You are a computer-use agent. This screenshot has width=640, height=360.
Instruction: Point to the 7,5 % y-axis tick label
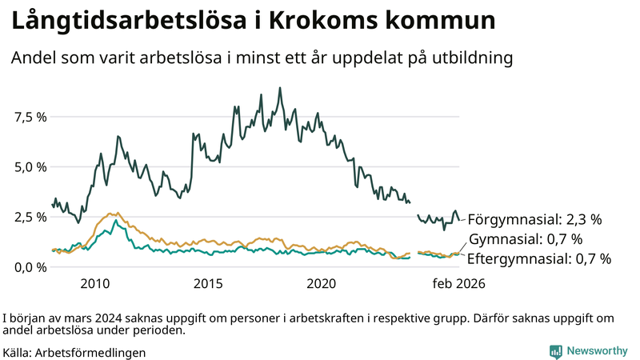pos(30,118)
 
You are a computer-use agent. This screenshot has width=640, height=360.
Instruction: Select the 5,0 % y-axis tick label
pos(30,167)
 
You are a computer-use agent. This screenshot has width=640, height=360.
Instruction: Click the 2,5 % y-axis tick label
pos(30,217)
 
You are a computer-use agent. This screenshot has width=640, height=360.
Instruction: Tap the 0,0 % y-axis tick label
pos(30,266)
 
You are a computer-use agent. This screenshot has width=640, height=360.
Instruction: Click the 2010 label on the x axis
pos(94,283)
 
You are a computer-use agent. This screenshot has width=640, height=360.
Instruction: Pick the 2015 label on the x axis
pos(208,283)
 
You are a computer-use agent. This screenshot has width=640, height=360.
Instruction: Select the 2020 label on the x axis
pos(322,283)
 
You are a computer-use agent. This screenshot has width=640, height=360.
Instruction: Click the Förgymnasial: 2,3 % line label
pos(534,218)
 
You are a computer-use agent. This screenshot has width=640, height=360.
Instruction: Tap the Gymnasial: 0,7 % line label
pos(525,238)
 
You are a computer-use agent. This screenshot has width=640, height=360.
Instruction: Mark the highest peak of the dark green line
pos(280,88)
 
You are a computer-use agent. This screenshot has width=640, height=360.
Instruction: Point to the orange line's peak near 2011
pos(118,214)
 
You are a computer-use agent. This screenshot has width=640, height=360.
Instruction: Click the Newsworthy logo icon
pos(555,351)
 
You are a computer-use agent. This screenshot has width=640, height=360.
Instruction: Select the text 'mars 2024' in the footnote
pos(83,317)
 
